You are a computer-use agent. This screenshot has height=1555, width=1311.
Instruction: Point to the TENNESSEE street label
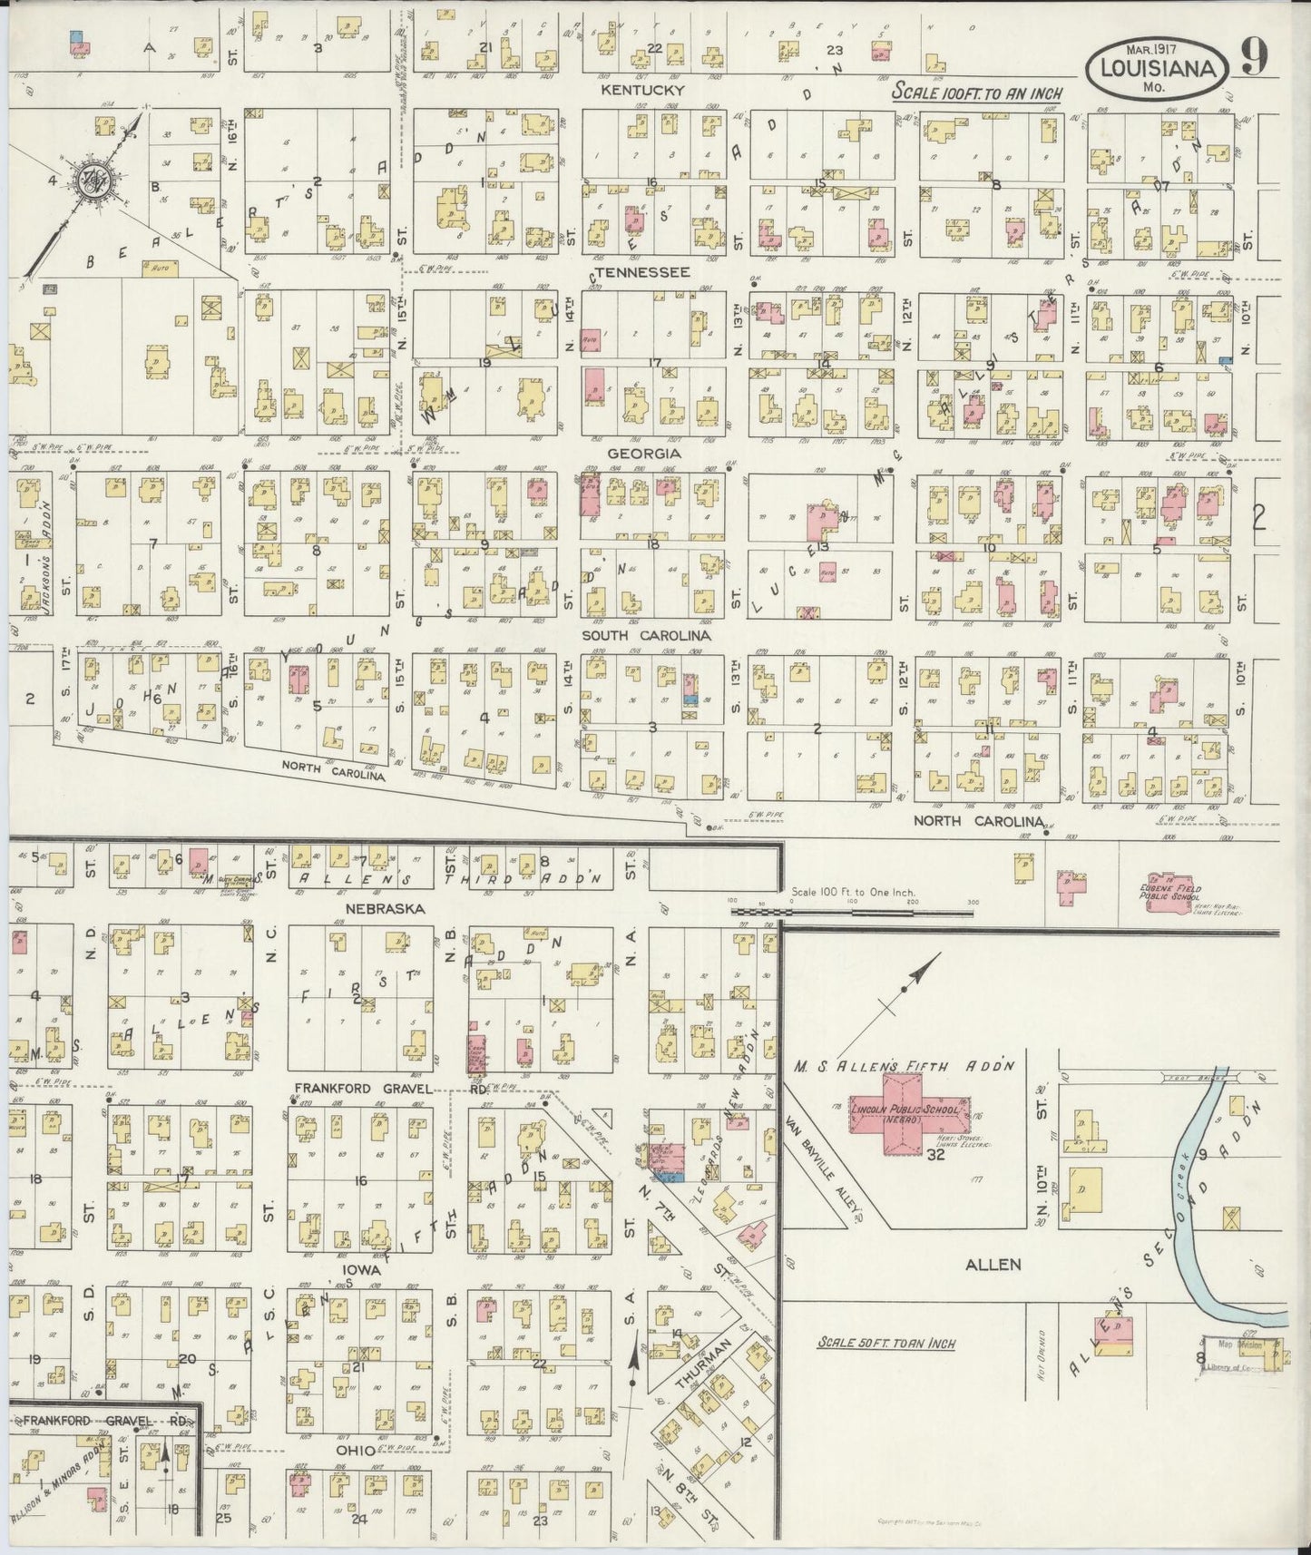point(649,272)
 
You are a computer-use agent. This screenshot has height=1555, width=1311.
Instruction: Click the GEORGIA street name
point(644,453)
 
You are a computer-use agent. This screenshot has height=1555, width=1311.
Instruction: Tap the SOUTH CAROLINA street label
point(646,636)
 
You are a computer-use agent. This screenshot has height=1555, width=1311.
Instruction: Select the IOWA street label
point(361,1270)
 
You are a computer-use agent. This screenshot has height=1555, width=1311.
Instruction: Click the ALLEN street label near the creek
point(993,1264)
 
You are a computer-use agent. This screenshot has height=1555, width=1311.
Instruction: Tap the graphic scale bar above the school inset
point(853,902)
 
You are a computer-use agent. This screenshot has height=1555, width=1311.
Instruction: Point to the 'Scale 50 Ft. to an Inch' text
point(885,1343)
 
